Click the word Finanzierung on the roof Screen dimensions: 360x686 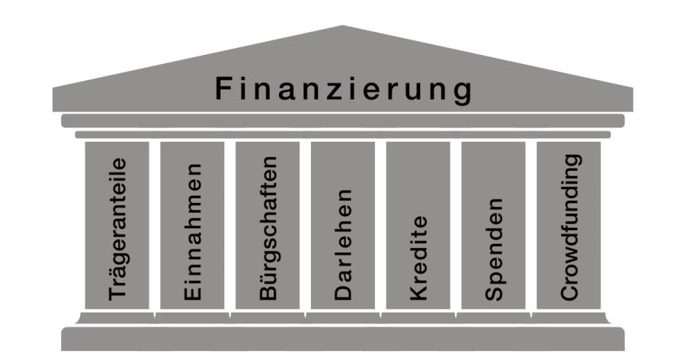[343, 89]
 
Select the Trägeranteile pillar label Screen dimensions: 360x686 [117, 228]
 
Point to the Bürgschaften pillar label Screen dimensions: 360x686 [268, 228]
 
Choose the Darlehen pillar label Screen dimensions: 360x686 [343, 243]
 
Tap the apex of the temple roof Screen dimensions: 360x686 [343, 27]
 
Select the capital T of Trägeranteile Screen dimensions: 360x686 [117, 293]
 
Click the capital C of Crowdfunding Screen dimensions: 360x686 [569, 291]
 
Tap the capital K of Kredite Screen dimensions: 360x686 [418, 292]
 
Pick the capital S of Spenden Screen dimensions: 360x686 [493, 292]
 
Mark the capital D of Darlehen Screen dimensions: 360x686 [343, 292]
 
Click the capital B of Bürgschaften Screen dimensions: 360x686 [268, 293]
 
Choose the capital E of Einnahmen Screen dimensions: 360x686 [192, 293]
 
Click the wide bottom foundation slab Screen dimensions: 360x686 [343, 338]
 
